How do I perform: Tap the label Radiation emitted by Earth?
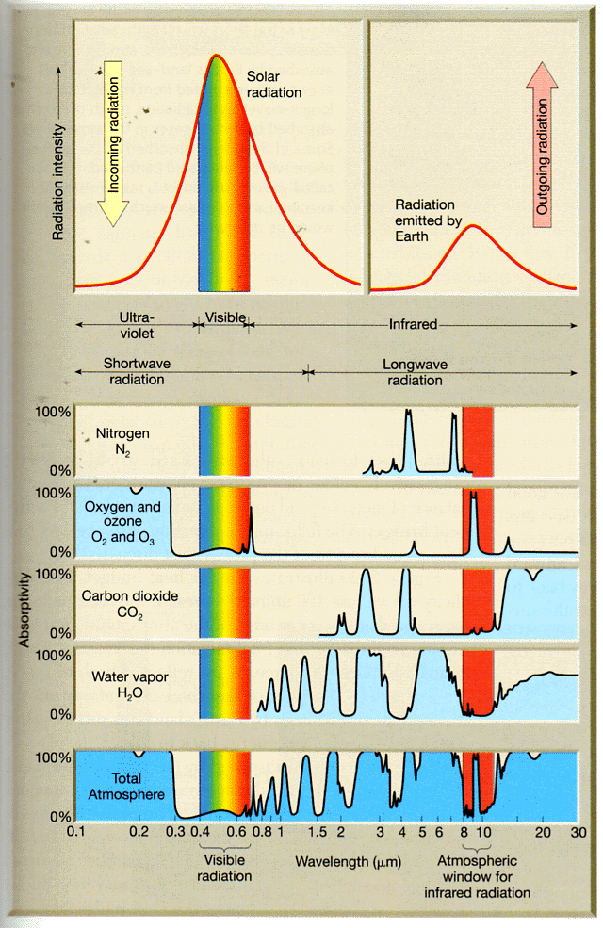click(x=425, y=220)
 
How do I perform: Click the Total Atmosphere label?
click(x=117, y=786)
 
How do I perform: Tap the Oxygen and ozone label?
click(x=123, y=521)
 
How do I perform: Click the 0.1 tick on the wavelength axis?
click(x=76, y=833)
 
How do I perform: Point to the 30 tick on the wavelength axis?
click(x=578, y=833)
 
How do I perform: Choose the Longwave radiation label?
click(x=414, y=373)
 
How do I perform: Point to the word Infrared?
click(x=414, y=325)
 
